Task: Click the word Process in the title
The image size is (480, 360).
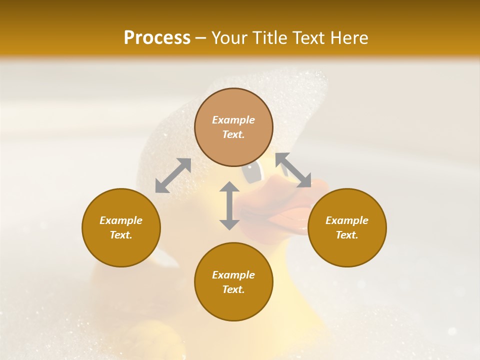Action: [157, 38]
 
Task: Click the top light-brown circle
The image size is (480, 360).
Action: [233, 127]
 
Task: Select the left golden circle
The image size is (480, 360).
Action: [121, 227]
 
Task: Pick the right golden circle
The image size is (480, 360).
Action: [347, 227]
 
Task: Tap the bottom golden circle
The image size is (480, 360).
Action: [233, 281]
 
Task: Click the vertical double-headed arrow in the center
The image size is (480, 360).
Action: [229, 205]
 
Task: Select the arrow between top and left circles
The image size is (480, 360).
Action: [173, 175]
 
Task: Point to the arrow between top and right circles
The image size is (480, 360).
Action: [293, 170]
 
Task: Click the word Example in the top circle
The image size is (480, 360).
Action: [233, 120]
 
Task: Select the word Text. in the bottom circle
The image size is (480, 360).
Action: [233, 289]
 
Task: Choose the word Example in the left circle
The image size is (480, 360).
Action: [121, 220]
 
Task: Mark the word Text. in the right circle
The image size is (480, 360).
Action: [347, 235]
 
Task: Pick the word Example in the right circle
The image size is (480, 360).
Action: [347, 220]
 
